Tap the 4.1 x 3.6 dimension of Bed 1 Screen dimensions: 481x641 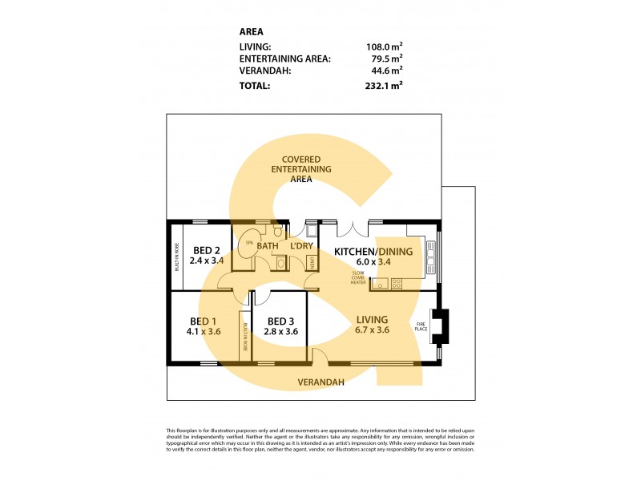pos(204,330)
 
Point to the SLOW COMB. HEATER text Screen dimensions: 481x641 pos(357,278)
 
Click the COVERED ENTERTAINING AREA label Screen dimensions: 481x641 pos(301,169)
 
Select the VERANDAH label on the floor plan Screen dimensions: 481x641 pos(320,382)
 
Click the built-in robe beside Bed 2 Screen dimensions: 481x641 pos(176,257)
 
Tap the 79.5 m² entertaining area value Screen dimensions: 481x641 pos(388,58)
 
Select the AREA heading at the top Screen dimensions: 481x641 pos(252,32)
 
